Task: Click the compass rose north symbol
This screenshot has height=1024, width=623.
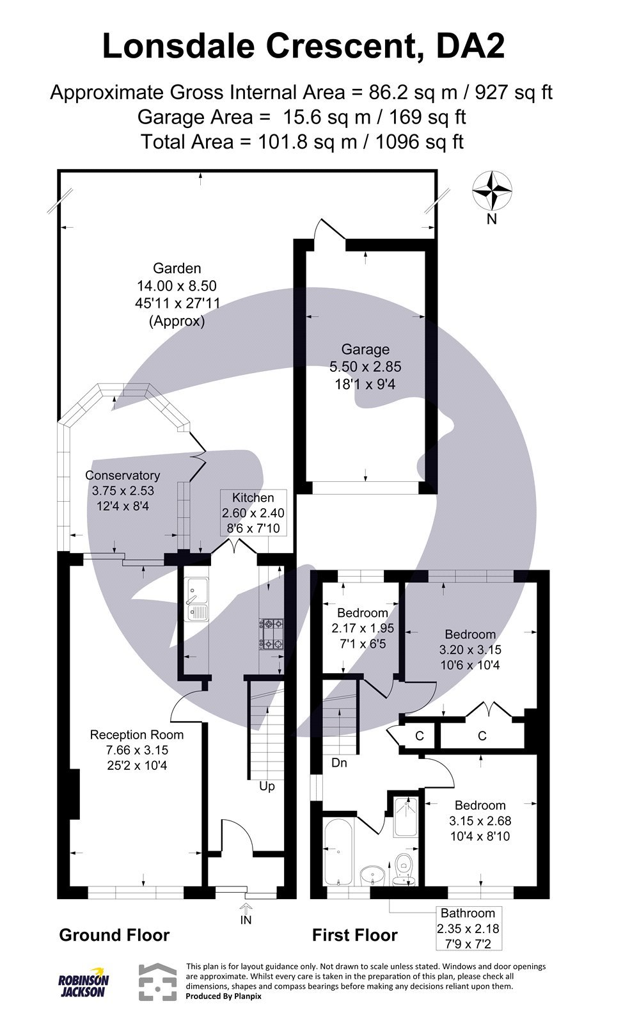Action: (492, 191)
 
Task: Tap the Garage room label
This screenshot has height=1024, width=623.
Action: (365, 349)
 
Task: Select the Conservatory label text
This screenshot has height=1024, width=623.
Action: (122, 476)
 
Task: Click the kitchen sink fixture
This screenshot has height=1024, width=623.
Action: (196, 600)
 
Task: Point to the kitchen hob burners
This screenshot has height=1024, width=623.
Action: (271, 633)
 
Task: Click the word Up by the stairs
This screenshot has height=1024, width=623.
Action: (267, 786)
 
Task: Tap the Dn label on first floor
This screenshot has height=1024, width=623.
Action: (339, 763)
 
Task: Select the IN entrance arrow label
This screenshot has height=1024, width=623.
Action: (246, 920)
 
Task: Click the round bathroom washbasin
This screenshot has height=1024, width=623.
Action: (373, 874)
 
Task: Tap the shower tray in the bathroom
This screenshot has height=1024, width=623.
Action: (406, 817)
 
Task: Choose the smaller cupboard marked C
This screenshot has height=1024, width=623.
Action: (420, 736)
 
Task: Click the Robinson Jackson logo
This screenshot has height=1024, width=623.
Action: (84, 982)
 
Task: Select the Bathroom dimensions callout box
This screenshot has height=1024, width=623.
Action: (469, 928)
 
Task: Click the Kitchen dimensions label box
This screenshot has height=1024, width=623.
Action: (253, 513)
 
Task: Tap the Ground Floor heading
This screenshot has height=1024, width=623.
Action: (114, 935)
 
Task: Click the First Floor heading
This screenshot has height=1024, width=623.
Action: (354, 935)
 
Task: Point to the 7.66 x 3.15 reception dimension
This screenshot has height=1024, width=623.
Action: (137, 750)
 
